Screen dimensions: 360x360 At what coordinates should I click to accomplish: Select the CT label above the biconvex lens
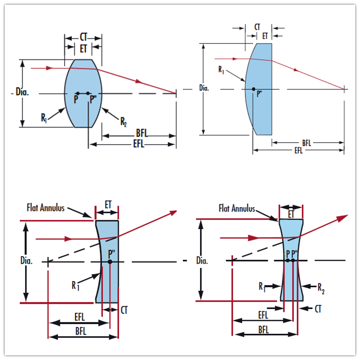coord(83,37)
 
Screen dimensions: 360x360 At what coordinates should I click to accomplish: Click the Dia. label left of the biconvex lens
coord(22,92)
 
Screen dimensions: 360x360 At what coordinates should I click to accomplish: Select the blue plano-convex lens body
coord(261,110)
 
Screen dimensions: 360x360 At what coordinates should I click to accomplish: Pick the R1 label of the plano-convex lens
coord(221,70)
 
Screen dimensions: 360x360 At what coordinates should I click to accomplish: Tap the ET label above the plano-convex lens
coord(265,35)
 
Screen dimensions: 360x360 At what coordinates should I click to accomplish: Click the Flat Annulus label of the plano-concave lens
coord(46,208)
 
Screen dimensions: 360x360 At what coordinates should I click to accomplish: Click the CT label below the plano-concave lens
coord(125,311)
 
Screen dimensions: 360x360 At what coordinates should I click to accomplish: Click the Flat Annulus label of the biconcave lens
coord(237,208)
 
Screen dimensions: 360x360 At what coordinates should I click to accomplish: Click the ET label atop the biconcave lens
coord(291,213)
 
